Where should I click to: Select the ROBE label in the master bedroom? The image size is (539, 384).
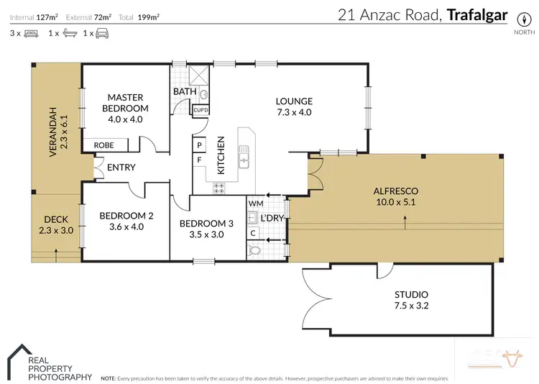tap(103, 145)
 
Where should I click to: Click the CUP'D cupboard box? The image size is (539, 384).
tap(201, 110)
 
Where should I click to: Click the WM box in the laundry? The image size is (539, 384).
tap(255, 204)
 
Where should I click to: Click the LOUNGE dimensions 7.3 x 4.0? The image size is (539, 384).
tap(295, 112)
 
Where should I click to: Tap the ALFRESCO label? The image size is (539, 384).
tap(395, 191)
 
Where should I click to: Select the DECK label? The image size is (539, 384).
tap(55, 219)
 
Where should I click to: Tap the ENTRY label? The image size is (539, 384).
tap(121, 168)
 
